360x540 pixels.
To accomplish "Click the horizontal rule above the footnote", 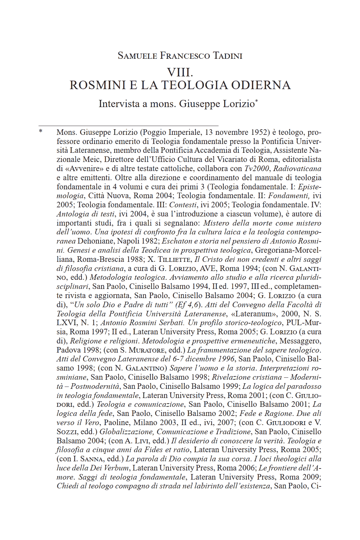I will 128,126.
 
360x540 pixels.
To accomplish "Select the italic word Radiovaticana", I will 297,168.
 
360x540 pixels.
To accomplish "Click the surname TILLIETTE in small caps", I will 175,259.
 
